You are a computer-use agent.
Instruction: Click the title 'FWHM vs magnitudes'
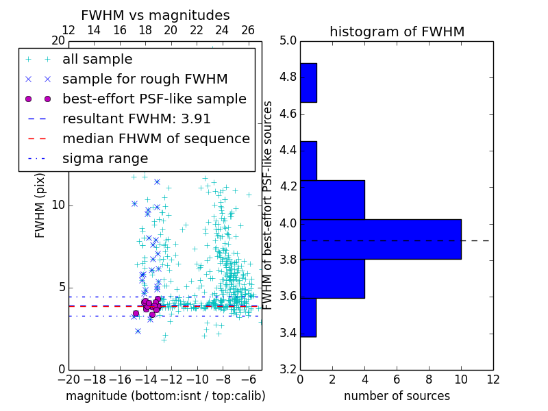(155, 15)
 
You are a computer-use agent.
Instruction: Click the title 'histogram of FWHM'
(397, 32)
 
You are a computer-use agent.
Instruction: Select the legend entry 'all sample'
(97, 60)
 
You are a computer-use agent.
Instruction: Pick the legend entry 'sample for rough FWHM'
(145, 79)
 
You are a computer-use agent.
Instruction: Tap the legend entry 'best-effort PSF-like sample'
(154, 99)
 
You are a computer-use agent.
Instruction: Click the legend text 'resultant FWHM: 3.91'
(136, 119)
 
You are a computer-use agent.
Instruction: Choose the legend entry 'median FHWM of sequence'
(155, 139)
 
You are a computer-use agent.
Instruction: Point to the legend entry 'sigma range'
(105, 159)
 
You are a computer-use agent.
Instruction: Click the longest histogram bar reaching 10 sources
(381, 239)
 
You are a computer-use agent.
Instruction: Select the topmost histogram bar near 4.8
(308, 83)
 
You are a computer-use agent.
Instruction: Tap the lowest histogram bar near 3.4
(308, 318)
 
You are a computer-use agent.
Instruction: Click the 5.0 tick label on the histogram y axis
(288, 40)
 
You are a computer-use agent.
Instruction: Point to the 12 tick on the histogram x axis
(493, 379)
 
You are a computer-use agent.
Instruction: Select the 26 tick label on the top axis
(248, 30)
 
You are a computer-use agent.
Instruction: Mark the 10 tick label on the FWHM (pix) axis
(58, 206)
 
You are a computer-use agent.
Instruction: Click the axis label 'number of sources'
(397, 396)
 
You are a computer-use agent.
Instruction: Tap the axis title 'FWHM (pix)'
(40, 206)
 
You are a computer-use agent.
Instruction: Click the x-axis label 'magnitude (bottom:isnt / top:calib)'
(165, 396)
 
